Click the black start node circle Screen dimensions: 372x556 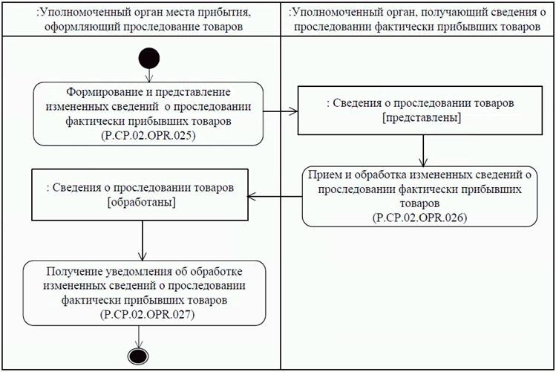tap(149, 57)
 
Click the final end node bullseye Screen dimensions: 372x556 tap(138, 355)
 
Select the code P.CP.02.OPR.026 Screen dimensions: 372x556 tap(420, 215)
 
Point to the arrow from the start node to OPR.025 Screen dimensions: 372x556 tap(149, 74)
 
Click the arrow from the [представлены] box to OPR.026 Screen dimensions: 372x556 tap(422, 151)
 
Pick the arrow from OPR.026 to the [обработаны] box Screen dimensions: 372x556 tap(275, 197)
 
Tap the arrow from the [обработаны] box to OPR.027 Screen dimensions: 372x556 tap(142, 238)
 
